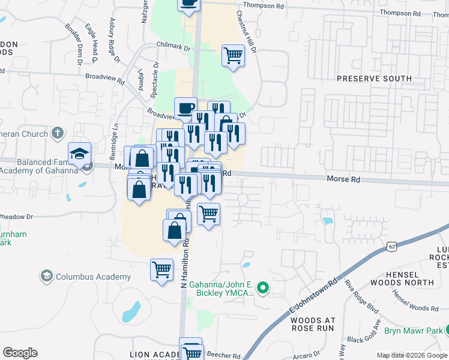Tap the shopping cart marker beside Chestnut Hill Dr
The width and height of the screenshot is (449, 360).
[233, 56]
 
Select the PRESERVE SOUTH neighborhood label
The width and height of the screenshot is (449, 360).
[374, 79]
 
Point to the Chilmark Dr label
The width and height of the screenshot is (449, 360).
[173, 47]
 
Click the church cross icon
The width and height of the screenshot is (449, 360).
[58, 133]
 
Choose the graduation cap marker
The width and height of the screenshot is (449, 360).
[79, 154]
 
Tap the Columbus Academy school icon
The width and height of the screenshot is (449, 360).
[46, 277]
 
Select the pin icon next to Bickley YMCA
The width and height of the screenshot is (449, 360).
[264, 289]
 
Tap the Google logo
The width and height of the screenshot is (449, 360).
[20, 353]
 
